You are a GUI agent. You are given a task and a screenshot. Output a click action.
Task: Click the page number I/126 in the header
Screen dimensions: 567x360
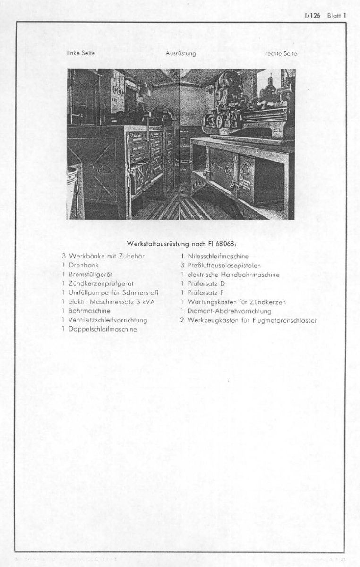[x=312, y=15]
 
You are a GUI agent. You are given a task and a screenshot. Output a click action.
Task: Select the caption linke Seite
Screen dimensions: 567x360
[x=81, y=53]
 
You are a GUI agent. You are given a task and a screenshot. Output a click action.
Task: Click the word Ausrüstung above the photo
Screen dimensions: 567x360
[x=180, y=54]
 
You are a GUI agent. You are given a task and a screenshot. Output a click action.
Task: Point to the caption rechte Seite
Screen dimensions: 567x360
[x=281, y=54]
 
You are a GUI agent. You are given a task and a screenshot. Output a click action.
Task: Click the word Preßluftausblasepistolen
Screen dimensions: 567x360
[x=224, y=266]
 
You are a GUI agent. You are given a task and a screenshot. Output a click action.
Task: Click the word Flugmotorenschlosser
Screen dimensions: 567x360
[x=284, y=320]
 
